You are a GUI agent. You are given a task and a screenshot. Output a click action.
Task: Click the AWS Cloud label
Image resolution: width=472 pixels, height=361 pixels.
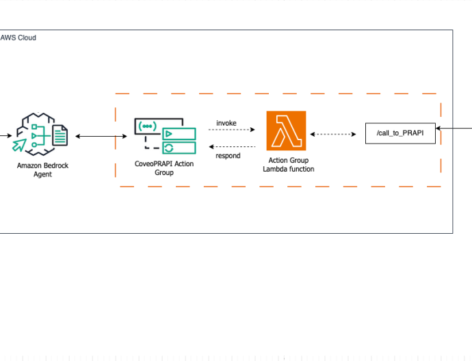pyautogui.click(x=18, y=38)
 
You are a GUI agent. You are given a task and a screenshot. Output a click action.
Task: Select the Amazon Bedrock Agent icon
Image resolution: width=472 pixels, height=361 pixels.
pyautogui.click(x=40, y=134)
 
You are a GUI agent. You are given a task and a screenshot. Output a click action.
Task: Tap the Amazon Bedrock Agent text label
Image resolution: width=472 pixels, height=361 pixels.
pyautogui.click(x=42, y=170)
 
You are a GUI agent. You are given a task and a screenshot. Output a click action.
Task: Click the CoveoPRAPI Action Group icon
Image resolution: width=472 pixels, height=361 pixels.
pyautogui.click(x=166, y=136)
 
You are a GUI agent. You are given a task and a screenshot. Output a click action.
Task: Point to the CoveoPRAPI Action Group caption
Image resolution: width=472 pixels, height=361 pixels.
pyautogui.click(x=164, y=168)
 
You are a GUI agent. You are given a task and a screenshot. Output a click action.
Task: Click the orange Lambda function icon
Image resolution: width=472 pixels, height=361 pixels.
pyautogui.click(x=286, y=131)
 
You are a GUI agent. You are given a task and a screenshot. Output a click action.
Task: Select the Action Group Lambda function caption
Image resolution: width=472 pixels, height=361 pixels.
pyautogui.click(x=289, y=165)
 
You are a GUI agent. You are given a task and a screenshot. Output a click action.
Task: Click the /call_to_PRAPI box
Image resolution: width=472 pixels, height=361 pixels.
pyautogui.click(x=400, y=133)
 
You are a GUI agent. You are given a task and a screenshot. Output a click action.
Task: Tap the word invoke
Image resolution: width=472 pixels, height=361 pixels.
pyautogui.click(x=226, y=123)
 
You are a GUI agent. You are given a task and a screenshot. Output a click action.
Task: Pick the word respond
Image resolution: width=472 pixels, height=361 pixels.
pyautogui.click(x=228, y=156)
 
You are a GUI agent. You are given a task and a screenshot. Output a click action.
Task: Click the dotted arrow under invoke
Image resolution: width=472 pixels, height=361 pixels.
pyautogui.click(x=232, y=130)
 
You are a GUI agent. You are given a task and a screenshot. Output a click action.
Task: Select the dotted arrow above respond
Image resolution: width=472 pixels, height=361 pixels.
pyautogui.click(x=232, y=147)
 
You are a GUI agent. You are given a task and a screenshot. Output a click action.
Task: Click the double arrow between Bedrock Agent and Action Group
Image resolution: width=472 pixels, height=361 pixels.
pyautogui.click(x=101, y=136)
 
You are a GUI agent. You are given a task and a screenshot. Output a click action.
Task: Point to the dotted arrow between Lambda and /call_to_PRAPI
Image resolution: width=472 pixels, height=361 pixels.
pyautogui.click(x=333, y=134)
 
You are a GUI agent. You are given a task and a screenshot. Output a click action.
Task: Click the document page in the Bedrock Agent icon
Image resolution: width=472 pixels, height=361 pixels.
pyautogui.click(x=60, y=135)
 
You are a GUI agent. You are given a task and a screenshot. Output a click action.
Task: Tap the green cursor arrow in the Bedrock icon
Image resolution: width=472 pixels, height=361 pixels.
pyautogui.click(x=19, y=145)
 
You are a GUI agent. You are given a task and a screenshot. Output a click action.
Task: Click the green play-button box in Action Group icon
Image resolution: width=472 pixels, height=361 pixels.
pyautogui.click(x=179, y=134)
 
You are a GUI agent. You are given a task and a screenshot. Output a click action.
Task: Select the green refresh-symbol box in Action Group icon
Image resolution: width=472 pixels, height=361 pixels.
pyautogui.click(x=179, y=148)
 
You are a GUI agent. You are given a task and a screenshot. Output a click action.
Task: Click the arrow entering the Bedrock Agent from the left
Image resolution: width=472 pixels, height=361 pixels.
pyautogui.click(x=6, y=135)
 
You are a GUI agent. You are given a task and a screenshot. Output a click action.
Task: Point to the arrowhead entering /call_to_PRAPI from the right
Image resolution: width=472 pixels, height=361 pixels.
pyautogui.click(x=438, y=128)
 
